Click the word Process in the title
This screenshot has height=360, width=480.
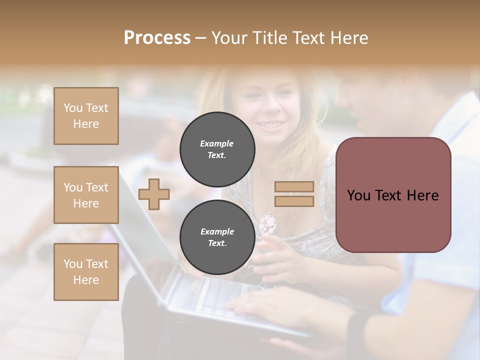coord(157,37)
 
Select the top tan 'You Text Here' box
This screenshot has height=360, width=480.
coord(86,116)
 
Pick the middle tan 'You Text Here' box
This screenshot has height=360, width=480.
coord(86,195)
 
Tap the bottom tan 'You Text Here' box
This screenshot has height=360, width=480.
coord(86,271)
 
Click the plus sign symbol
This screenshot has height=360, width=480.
coord(154,194)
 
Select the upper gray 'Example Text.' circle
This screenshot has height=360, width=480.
coord(217,149)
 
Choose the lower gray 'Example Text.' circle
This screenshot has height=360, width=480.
coord(217,237)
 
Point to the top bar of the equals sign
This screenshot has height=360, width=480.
coord(294,186)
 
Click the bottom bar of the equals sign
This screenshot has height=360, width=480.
coord(294,201)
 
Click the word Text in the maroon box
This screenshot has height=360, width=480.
coord(391,195)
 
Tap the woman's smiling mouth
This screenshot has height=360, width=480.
coord(270,125)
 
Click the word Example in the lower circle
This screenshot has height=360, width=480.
coord(217,231)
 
